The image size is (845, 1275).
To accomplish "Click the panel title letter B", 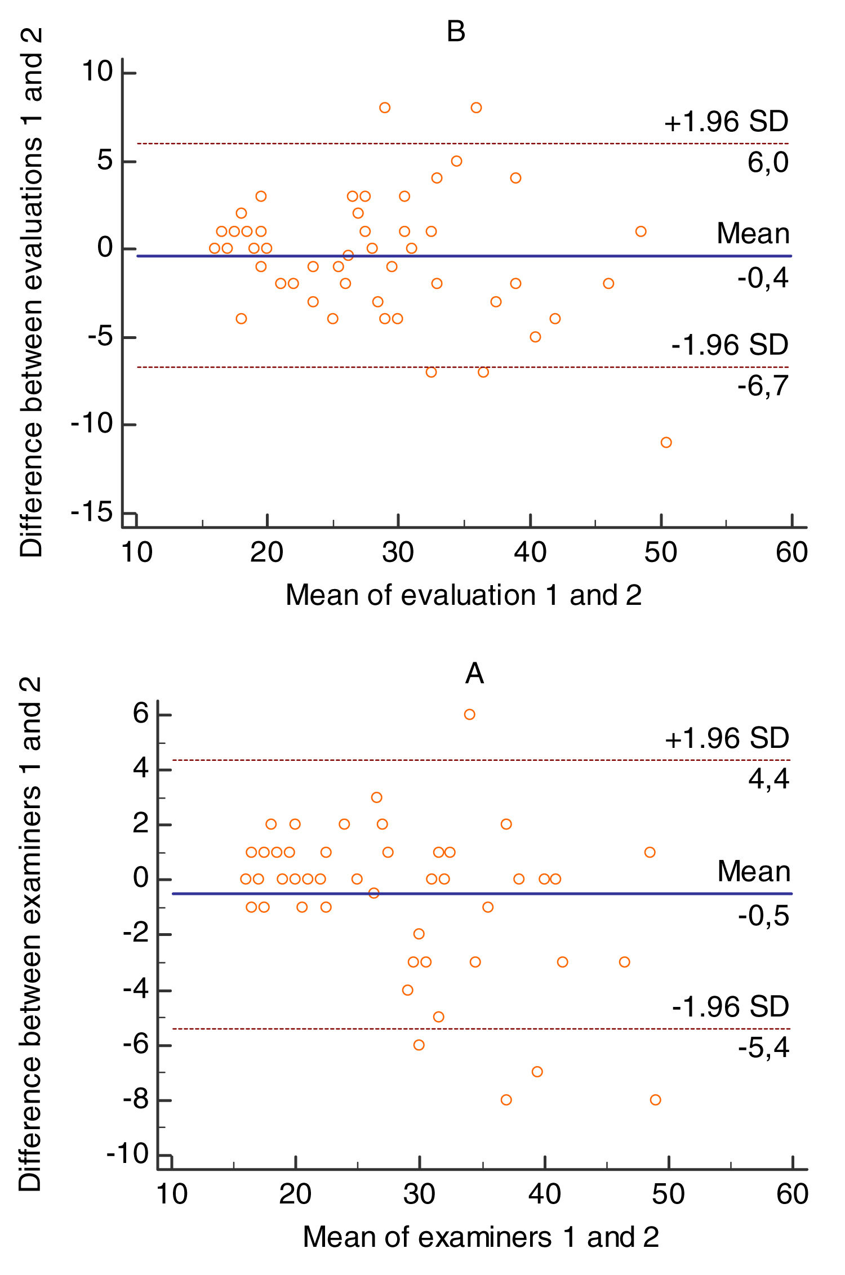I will (x=456, y=32).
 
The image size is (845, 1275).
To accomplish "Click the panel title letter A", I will (x=474, y=674).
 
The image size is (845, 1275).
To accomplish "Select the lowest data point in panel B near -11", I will (x=666, y=443).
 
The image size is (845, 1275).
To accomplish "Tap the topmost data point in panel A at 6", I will (x=469, y=715).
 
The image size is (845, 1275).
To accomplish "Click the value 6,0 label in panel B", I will (x=767, y=163).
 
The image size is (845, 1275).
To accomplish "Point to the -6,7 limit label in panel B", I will (x=763, y=386).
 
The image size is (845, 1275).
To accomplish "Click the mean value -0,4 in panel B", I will (x=763, y=278).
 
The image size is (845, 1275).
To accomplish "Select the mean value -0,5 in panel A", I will (x=763, y=916).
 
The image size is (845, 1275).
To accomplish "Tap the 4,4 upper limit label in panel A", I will (x=768, y=779).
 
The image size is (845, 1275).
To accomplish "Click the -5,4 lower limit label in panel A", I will (x=763, y=1047).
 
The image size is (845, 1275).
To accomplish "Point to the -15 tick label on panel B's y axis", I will (x=91, y=512).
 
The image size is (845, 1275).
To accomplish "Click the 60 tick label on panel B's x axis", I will (x=791, y=552).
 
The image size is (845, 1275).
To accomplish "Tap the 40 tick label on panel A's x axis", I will (x=544, y=1194).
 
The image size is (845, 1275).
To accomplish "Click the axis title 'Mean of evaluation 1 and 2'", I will (x=463, y=595).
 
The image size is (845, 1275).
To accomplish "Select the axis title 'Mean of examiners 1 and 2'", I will (x=481, y=1237).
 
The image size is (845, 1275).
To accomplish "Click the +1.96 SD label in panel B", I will (x=726, y=122).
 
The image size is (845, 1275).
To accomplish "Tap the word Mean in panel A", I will (x=753, y=872).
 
